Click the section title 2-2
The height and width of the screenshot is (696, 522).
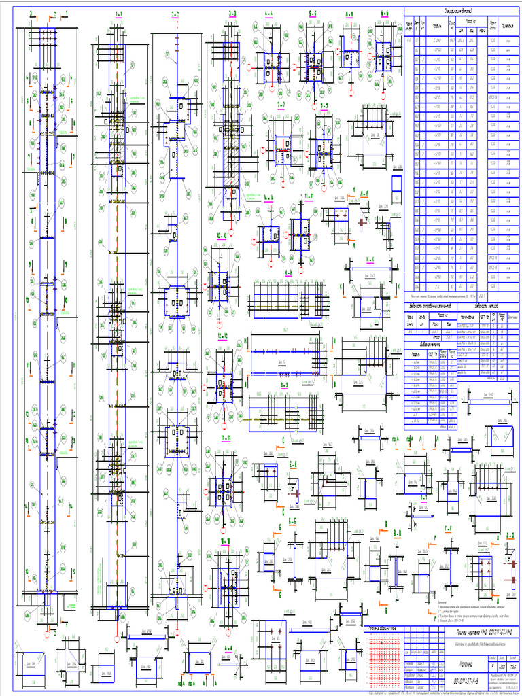click(175, 13)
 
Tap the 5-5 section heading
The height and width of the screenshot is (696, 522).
click(312, 13)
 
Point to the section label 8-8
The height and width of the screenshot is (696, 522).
click(349, 13)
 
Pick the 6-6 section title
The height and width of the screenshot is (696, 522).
click(385, 13)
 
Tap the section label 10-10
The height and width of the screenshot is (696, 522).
click(222, 236)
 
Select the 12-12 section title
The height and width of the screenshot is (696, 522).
click(222, 336)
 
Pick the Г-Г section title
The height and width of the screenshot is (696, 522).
click(448, 527)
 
